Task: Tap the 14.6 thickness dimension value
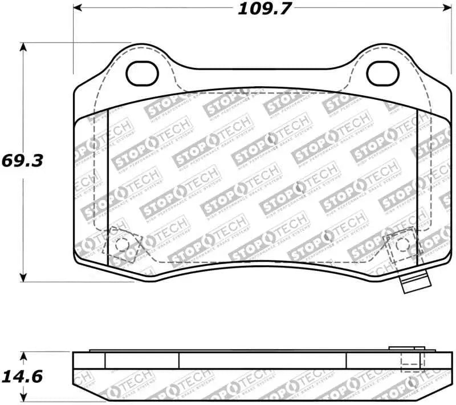point(22,377)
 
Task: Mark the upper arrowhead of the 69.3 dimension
point(23,47)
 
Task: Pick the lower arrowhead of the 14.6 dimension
point(23,399)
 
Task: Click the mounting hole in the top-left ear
point(141,72)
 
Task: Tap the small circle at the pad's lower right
point(402,244)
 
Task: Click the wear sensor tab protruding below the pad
point(416,283)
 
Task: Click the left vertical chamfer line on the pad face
point(108,188)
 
